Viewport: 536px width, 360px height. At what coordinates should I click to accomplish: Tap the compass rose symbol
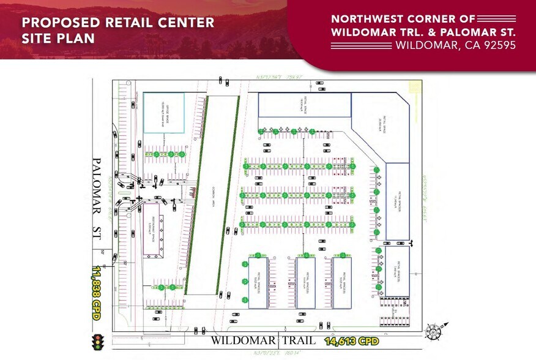tap(433, 332)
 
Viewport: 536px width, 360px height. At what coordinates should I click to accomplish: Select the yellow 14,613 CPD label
tap(352, 340)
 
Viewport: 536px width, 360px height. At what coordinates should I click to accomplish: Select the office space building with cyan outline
tap(163, 113)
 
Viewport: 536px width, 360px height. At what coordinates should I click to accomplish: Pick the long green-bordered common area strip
tap(212, 196)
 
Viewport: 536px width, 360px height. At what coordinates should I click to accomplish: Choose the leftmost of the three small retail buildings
tap(258, 282)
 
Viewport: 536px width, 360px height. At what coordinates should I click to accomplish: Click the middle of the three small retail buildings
tap(305, 282)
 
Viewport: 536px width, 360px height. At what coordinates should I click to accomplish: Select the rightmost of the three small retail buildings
tap(342, 282)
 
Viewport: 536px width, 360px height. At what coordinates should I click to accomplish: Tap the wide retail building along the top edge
tap(304, 105)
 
